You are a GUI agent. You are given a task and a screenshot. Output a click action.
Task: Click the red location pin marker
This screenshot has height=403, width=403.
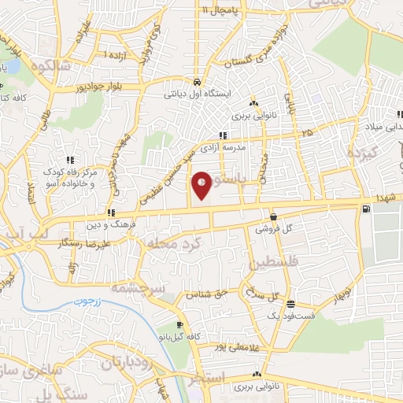pos(202,184)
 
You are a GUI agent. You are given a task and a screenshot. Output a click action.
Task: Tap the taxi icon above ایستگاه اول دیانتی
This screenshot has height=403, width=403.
pos(197,82)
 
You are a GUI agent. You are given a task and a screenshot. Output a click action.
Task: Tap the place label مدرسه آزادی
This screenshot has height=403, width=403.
pos(246,148)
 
